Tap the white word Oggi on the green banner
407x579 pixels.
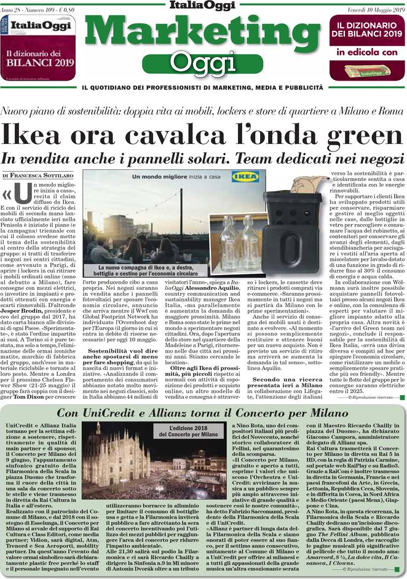(202, 63)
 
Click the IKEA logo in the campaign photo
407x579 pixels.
(240, 177)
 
